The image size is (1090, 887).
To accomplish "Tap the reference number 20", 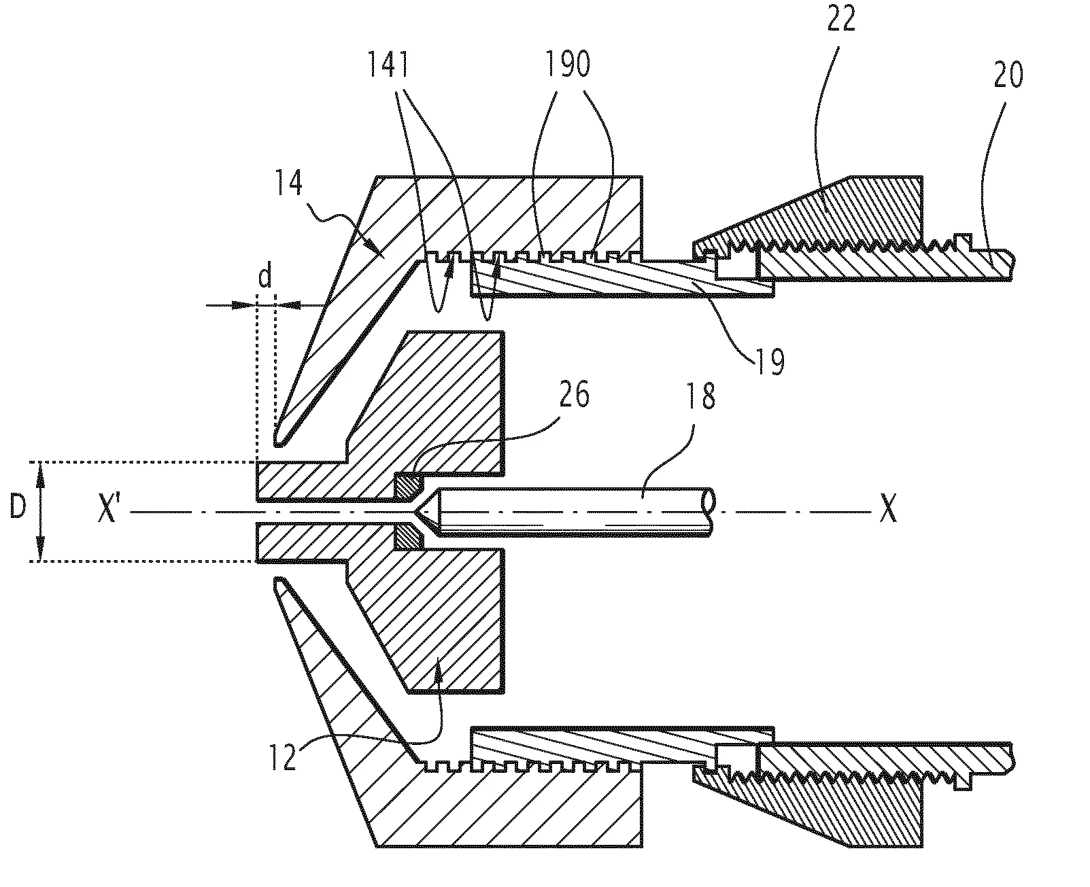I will (1008, 76).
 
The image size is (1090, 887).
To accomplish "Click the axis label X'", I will (109, 510).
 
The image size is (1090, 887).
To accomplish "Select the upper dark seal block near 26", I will (408, 486).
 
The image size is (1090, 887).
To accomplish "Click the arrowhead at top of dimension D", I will (40, 469).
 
